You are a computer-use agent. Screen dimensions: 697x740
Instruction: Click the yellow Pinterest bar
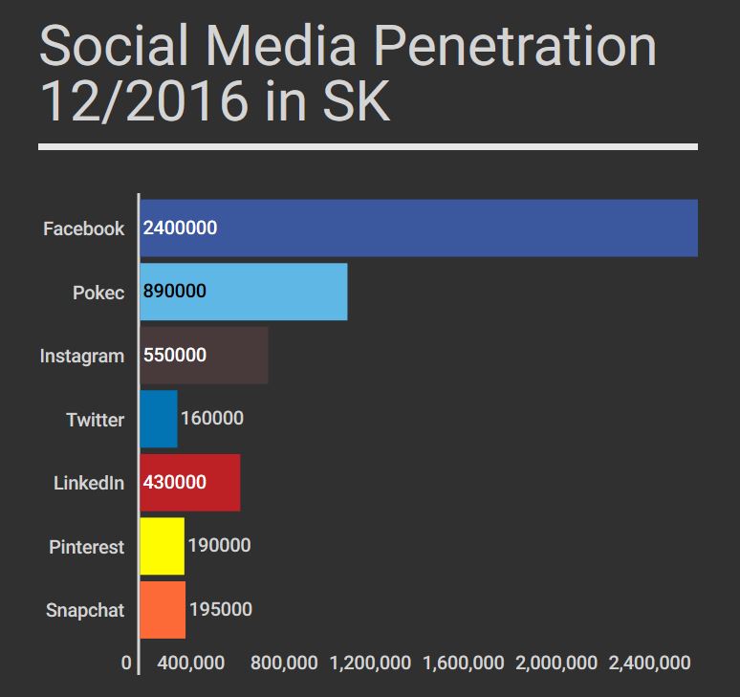[x=162, y=546]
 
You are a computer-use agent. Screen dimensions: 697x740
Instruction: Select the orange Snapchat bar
[x=163, y=610]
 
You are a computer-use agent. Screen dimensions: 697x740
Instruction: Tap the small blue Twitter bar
[x=159, y=419]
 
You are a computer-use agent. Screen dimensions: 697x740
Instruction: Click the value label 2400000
[x=181, y=229]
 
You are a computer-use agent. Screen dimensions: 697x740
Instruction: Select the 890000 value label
[x=175, y=292]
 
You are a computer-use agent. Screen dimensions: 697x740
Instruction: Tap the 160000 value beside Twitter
[x=212, y=419]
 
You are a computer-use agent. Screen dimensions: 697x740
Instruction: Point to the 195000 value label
[x=221, y=610]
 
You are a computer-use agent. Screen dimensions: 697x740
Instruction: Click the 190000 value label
[x=219, y=546]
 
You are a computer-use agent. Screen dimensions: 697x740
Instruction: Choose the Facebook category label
[x=83, y=229]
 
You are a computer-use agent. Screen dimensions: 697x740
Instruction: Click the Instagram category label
[x=82, y=357]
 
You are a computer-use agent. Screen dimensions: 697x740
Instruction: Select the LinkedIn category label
[x=88, y=484]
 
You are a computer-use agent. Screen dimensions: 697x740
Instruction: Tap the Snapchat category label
[x=85, y=610]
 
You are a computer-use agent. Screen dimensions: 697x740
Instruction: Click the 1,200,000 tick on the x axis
[x=369, y=663]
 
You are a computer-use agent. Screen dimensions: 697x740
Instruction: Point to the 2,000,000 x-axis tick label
[x=556, y=663]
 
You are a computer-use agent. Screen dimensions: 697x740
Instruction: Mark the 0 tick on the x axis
[x=126, y=663]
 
